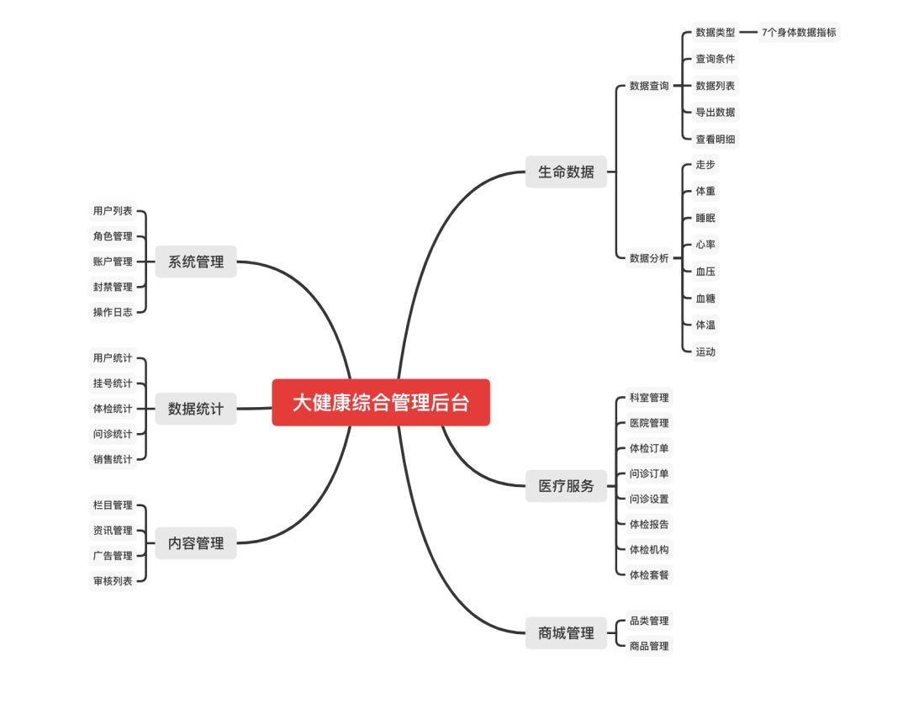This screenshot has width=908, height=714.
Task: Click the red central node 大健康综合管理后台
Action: pos(381,402)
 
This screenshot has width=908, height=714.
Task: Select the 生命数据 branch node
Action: pos(566,172)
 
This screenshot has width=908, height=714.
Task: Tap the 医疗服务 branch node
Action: pos(566,485)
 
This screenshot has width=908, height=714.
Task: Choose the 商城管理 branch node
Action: pos(566,632)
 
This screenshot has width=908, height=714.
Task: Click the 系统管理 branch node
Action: pos(196,262)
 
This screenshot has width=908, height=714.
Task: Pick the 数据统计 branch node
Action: pos(196,409)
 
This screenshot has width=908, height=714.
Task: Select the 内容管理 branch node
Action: pos(196,543)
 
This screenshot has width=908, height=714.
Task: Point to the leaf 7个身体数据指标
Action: pos(799,33)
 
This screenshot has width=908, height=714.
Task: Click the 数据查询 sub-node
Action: pos(649,86)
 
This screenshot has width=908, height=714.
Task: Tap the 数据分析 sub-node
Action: pos(649,258)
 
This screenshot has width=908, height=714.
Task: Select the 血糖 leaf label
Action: pos(705,298)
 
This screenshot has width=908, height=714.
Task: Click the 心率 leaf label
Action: pos(705,245)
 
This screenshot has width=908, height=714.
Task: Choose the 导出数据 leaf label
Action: pos(715,112)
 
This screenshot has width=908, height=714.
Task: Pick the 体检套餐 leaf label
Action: pos(649,574)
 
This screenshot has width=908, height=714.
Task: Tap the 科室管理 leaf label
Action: pos(649,398)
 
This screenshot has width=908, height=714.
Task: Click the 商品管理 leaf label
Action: pos(649,646)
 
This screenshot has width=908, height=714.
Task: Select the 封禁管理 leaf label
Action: pos(113,287)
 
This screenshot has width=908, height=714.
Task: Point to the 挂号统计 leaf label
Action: pos(113,383)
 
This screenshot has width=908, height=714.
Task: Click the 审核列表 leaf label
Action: pos(113,581)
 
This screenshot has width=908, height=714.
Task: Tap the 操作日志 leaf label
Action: pos(113,312)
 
